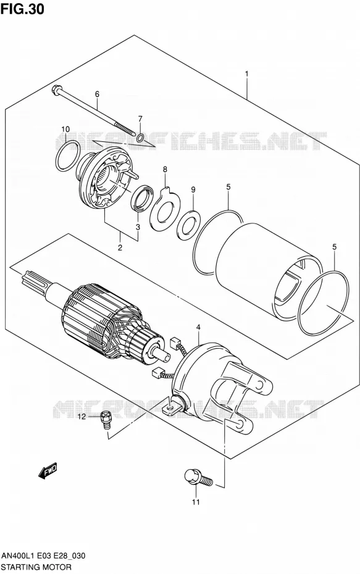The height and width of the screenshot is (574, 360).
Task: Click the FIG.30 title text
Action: (22, 9)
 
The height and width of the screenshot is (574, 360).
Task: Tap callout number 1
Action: (246, 74)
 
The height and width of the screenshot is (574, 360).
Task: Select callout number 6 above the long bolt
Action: (97, 94)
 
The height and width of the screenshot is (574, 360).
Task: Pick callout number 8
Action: (165, 170)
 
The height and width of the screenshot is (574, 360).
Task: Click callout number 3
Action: (138, 227)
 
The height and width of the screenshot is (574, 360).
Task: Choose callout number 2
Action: (120, 247)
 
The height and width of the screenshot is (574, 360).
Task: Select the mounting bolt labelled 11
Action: (198, 478)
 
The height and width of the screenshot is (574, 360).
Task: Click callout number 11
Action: (196, 502)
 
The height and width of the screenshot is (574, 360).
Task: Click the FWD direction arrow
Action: (48, 470)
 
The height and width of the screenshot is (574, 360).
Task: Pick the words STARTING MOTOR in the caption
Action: (36, 567)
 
